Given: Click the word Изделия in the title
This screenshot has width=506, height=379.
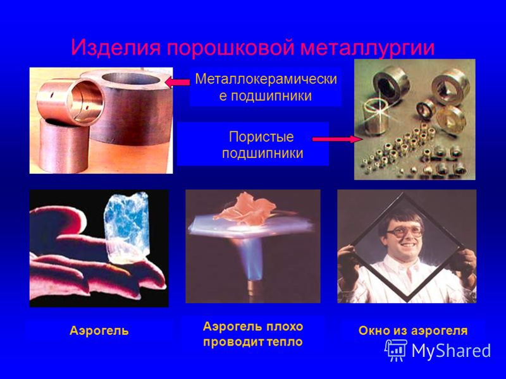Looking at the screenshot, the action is click(116, 48).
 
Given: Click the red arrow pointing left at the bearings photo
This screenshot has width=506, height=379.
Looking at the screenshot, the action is click(177, 83).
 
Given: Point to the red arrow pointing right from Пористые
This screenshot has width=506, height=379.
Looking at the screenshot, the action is click(338, 139).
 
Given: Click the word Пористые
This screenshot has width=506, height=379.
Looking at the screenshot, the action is click(261, 137).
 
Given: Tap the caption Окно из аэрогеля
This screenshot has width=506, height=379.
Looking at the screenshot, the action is click(413, 330).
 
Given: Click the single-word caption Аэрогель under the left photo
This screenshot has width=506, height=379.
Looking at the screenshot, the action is click(99, 330).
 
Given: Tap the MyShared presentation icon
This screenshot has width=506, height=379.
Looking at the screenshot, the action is click(396, 350).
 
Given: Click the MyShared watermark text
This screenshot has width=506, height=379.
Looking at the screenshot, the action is click(451, 351).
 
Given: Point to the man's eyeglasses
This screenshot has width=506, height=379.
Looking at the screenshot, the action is click(404, 231).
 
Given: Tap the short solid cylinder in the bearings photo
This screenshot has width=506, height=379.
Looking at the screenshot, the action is click(64, 145).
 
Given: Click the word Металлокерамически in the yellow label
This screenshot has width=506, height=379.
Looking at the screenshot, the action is click(266, 79).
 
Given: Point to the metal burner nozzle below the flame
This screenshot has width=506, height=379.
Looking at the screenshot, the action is click(254, 292).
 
